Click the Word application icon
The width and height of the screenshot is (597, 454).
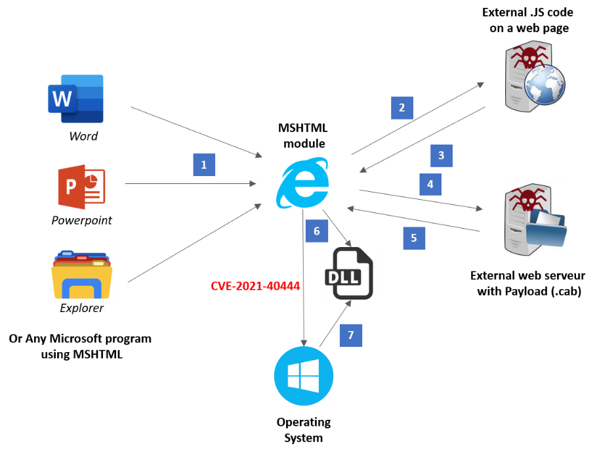point(75,99)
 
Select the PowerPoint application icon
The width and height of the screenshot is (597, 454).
point(81,187)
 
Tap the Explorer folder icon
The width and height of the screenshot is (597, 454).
point(82,275)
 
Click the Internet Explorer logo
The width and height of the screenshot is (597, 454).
point(302,183)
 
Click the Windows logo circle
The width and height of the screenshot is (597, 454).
point(304,376)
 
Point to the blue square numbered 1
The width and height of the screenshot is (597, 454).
point(204,165)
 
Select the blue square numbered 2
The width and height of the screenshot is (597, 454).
point(402,108)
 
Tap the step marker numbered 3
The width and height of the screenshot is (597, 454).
point(442,156)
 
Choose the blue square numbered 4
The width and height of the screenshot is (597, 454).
point(430,185)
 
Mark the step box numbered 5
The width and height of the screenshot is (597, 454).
point(414,238)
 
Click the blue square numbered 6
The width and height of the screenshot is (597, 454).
point(317,231)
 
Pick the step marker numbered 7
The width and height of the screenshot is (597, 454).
point(351,336)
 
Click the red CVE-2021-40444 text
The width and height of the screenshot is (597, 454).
point(255,286)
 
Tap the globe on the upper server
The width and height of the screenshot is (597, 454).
point(545,85)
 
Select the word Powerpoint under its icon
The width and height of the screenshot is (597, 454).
point(82,220)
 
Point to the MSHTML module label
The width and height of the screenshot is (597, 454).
point(303,136)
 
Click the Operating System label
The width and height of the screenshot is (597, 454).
point(304,430)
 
